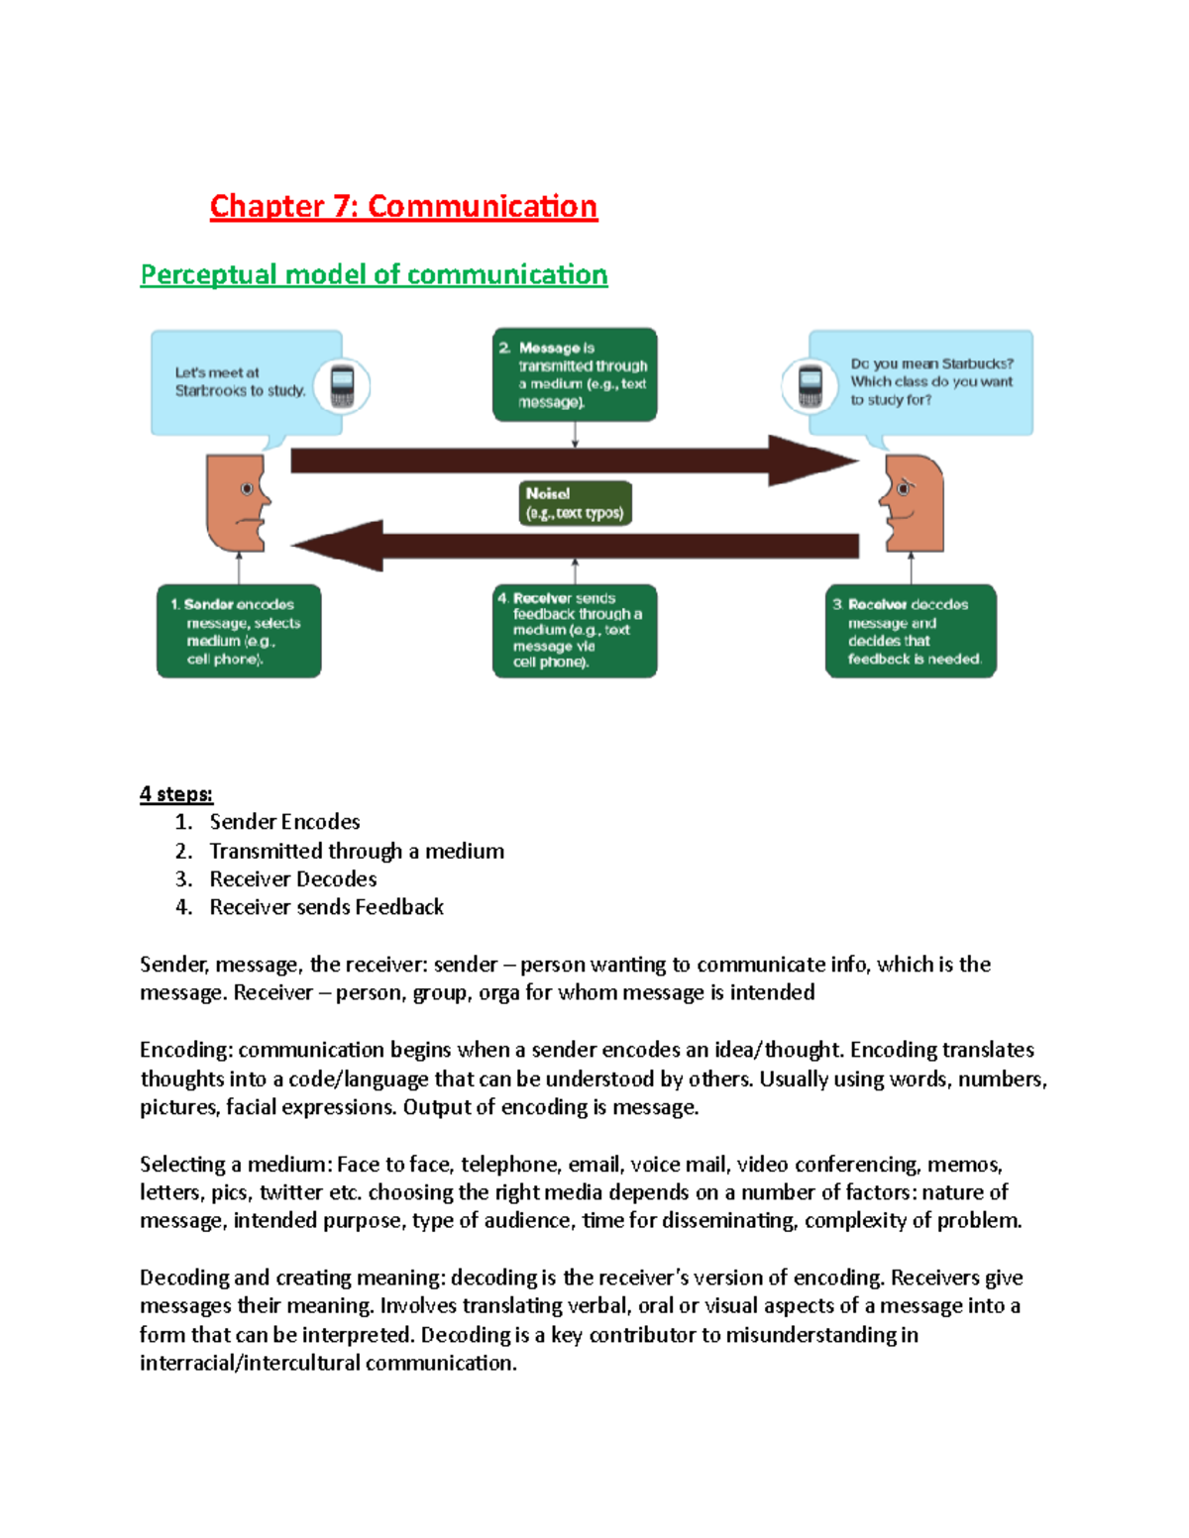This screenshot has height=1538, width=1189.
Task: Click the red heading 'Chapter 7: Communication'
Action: coord(403,206)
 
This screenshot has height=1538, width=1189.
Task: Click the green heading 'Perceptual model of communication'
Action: coord(374,274)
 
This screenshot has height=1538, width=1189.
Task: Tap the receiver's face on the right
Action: coord(913,502)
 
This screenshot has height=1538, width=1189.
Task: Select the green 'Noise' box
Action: coord(575,503)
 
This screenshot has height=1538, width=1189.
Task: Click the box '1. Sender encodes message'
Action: coord(239,631)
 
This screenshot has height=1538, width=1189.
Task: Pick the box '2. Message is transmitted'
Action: coord(575,374)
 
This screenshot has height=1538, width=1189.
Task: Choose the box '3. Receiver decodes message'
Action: coord(911,631)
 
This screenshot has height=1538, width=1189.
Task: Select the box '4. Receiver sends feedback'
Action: coord(575,631)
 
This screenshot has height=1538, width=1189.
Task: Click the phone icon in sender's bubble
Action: coord(342,386)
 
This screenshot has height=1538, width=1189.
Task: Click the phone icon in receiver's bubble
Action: coord(810,386)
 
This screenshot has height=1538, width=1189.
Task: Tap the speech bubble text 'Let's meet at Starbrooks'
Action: coord(239,382)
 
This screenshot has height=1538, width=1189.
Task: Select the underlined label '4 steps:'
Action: coord(175,793)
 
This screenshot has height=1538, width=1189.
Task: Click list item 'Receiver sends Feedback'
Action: coord(326,907)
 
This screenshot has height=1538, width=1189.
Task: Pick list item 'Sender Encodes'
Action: coord(284,822)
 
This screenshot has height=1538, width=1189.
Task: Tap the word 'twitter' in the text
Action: coord(291,1192)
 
